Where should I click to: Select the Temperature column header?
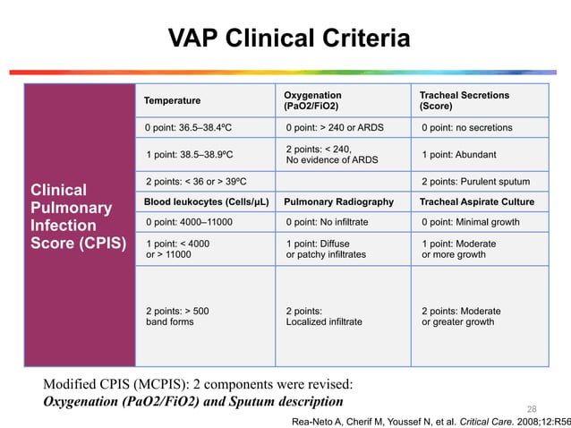(x=173, y=100)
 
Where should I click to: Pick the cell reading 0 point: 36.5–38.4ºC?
(x=189, y=128)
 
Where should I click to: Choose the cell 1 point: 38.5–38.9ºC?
(x=189, y=155)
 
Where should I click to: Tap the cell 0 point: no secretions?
(x=466, y=128)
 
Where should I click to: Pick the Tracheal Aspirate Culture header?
(x=477, y=202)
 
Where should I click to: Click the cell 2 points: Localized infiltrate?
(x=323, y=316)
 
